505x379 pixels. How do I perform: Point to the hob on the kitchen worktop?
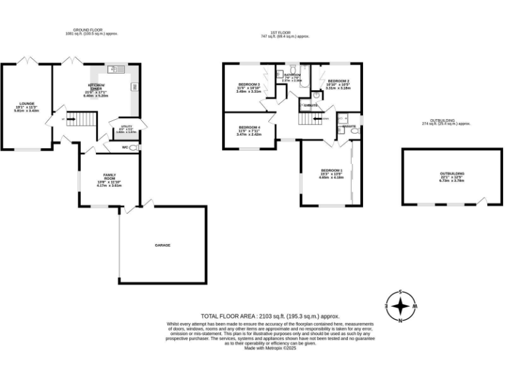click(x=134, y=87)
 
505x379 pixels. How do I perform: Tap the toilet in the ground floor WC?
click(x=134, y=148)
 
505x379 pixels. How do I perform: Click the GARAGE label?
click(x=162, y=245)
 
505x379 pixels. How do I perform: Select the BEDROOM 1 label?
click(x=331, y=172)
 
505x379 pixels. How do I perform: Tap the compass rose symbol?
click(x=399, y=306)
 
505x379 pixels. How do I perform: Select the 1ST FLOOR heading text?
click(x=285, y=33)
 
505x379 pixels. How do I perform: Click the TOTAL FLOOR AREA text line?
click(x=270, y=316)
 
